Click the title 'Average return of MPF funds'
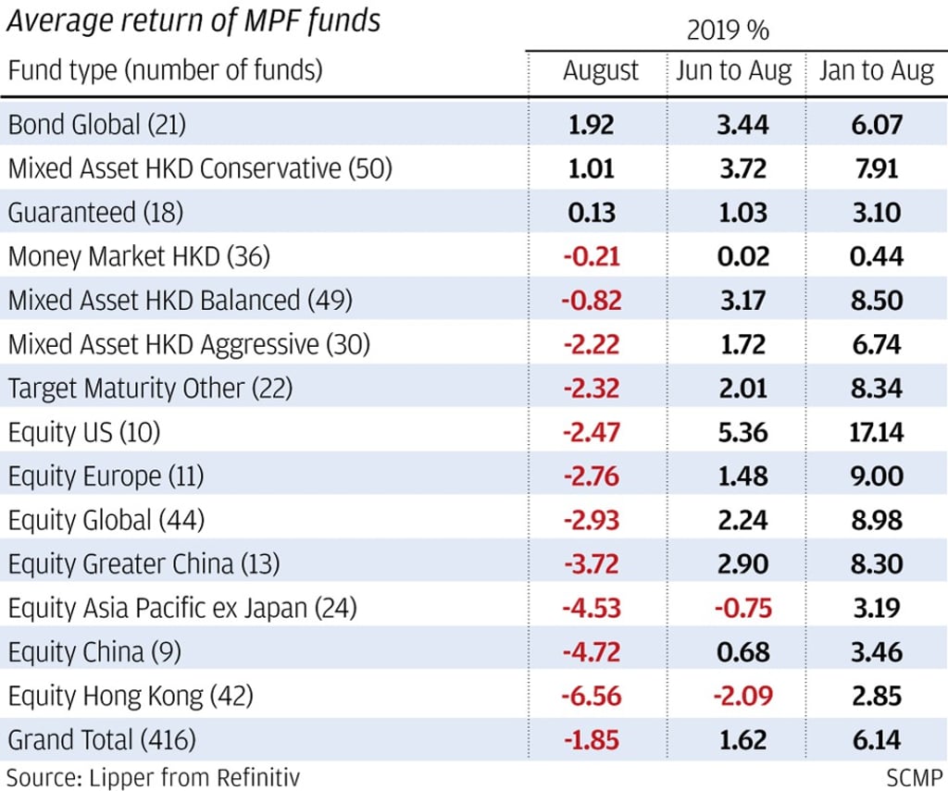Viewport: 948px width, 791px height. pos(193,21)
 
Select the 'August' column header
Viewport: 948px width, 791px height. pos(601,71)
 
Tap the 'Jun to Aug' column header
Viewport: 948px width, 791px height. pos(733,71)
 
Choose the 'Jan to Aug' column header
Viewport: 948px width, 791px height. pos(876,71)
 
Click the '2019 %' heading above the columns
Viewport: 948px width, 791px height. pos(728,31)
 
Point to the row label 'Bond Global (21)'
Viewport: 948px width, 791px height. pos(103,124)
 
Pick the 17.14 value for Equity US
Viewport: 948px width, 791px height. pos(875,432)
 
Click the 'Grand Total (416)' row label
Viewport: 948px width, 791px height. pos(102,740)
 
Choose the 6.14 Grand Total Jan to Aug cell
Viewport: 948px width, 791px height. pos(875,740)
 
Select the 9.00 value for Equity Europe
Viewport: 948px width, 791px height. pos(875,476)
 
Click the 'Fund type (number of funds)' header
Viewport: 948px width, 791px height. pos(165,71)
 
